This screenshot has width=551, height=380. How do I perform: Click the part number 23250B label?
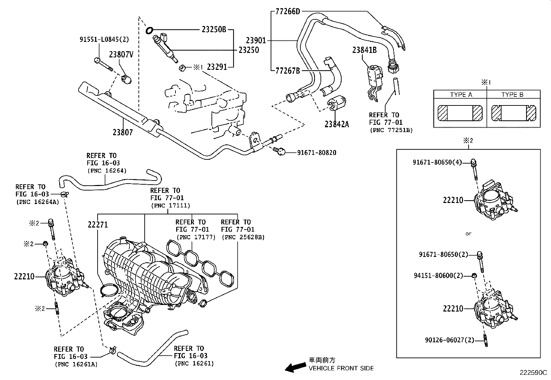point(214,30)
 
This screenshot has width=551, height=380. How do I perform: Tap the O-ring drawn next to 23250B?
point(150,30)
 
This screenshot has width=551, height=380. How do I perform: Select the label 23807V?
point(121,55)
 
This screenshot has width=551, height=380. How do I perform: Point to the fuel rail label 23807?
point(123,132)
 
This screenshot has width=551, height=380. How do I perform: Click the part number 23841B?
point(364,50)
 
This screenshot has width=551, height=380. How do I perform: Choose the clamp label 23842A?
point(336,124)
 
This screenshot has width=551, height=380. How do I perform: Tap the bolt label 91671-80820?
point(317,152)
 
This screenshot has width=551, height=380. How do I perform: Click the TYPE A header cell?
point(461,95)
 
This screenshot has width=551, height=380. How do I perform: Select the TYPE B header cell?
point(512,95)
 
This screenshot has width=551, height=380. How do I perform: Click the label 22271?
point(98,225)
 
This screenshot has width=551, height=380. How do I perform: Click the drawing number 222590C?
point(533,373)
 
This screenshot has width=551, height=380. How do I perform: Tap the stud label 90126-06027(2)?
point(449,340)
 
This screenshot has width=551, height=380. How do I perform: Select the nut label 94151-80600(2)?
point(438,276)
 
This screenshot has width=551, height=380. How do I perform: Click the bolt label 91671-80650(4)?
point(437,162)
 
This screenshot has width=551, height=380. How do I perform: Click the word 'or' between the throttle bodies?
point(468,234)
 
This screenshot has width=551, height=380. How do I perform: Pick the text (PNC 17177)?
point(196,237)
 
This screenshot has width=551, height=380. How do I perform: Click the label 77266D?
point(288,11)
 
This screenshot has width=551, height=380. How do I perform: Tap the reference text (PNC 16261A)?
point(76,364)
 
